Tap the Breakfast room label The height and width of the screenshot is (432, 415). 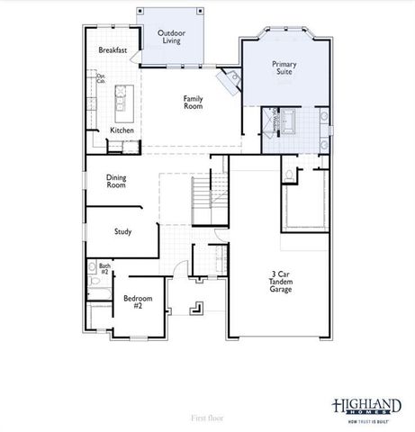113,50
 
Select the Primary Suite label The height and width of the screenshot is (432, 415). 284,67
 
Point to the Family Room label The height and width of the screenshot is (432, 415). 193,102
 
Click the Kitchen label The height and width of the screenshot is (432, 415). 122,130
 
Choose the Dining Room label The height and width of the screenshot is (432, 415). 116,181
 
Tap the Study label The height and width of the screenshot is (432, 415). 122,231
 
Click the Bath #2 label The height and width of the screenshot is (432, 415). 104,268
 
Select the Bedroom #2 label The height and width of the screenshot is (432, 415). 139,301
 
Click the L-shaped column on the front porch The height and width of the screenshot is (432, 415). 194,309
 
